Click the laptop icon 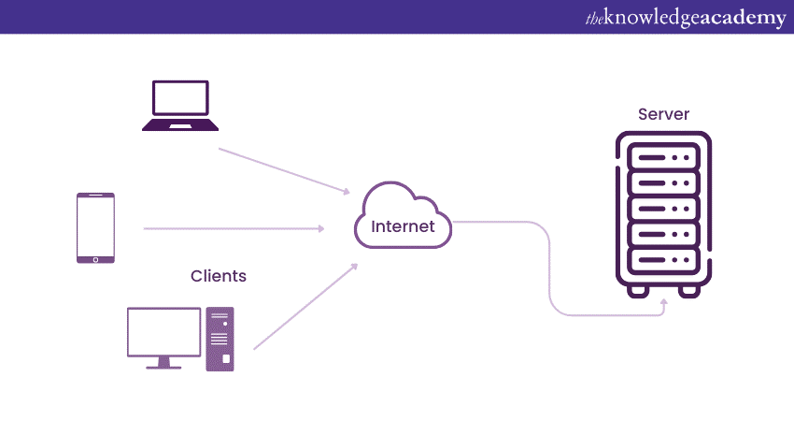pos(180,105)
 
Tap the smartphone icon pos(95,228)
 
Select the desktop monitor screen pos(163,331)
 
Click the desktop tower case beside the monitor pos(220,339)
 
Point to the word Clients pos(219,276)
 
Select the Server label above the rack pos(663,114)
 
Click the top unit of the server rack pos(663,156)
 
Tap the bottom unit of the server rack pos(663,257)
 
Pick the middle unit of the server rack pos(663,207)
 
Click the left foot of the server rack pos(639,290)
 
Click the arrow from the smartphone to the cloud pos(234,227)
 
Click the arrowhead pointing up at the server pos(664,304)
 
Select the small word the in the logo pos(594,17)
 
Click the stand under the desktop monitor pos(163,362)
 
